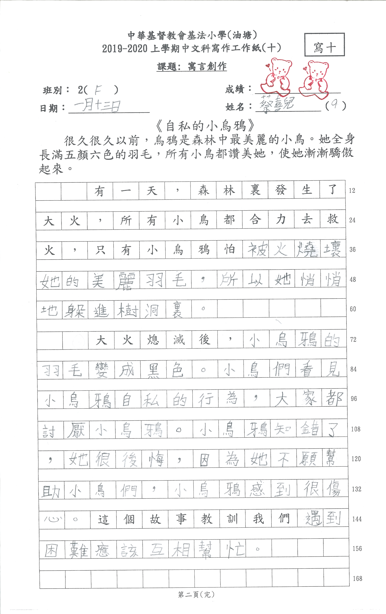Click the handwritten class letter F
point(98,90)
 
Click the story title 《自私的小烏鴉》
point(205,125)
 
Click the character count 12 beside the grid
point(352,190)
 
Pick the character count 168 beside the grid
point(357,579)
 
